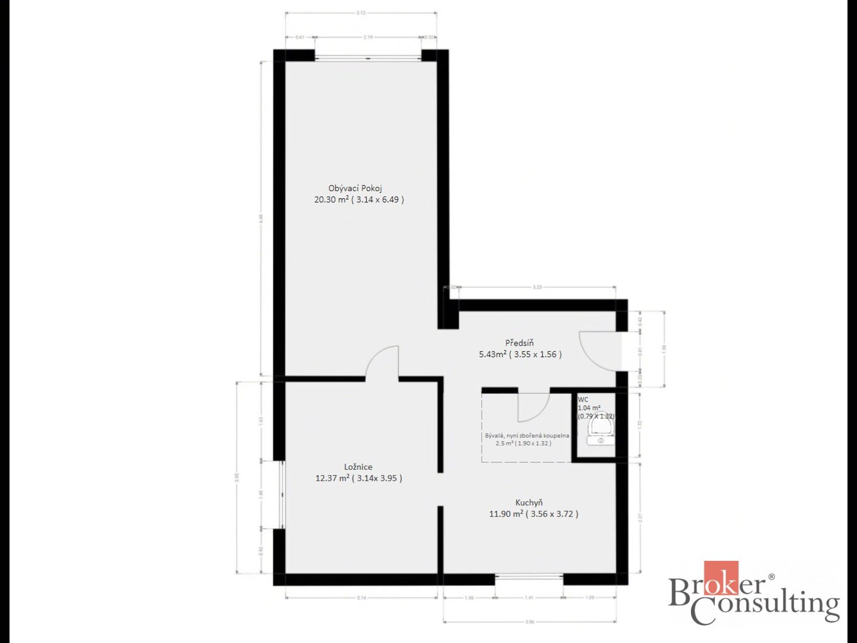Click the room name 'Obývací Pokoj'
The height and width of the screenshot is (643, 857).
[x=355, y=188]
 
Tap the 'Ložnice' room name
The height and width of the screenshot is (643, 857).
[x=358, y=467]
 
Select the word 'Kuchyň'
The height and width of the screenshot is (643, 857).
[x=529, y=503]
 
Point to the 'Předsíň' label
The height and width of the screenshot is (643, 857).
[x=519, y=343]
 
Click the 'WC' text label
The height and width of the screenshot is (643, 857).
[x=583, y=400]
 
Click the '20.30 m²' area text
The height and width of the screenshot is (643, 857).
[x=331, y=200]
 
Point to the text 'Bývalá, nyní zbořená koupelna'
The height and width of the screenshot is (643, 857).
[x=527, y=435]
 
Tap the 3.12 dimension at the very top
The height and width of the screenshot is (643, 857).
[x=361, y=13]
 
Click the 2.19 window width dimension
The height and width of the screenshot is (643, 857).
[x=368, y=38]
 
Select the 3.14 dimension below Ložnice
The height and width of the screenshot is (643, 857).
[x=361, y=597]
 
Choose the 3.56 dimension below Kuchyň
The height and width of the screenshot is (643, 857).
[x=529, y=622]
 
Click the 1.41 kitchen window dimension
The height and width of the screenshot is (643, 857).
[x=529, y=597]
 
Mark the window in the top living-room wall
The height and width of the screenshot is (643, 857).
[x=368, y=57]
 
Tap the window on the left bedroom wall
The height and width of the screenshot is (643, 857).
[x=282, y=494]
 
